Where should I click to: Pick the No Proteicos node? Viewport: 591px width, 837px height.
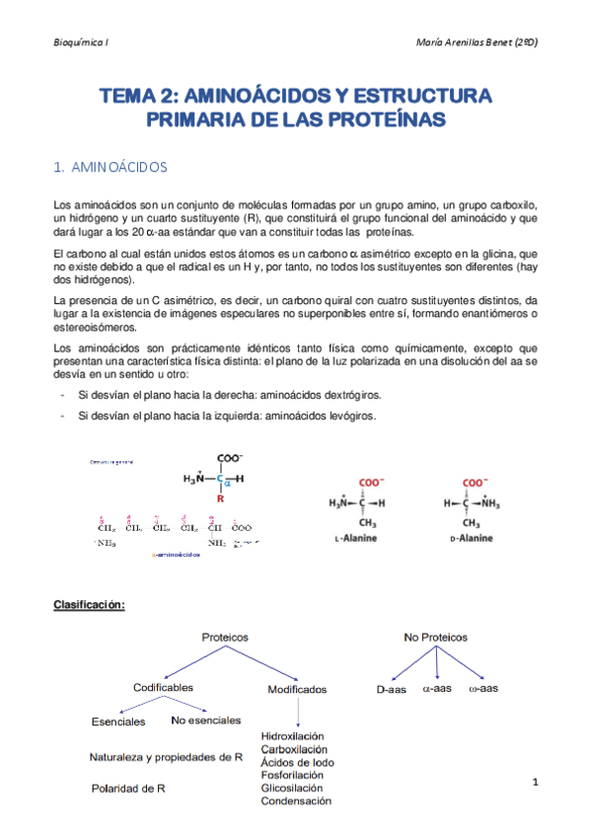point(435,638)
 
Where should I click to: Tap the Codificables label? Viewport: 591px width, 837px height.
point(163,687)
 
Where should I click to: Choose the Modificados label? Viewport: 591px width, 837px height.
point(297,690)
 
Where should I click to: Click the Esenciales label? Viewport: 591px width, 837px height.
point(118,721)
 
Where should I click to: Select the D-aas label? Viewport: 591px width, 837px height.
point(392,688)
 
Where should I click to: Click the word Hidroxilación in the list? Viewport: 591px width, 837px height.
point(293,736)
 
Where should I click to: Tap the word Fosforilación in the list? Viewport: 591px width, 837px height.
point(291,775)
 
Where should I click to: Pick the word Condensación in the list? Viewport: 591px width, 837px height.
point(296,800)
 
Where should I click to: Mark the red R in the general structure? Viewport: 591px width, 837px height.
point(220,499)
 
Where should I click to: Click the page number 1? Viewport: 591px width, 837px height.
point(534,783)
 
